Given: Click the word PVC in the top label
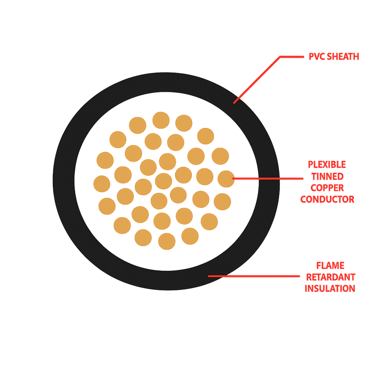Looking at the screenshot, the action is click(x=317, y=57).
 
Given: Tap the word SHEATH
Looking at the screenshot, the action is click(x=343, y=57).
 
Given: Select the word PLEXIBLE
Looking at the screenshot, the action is click(x=327, y=165).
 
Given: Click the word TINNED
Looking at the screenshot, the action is click(x=327, y=176).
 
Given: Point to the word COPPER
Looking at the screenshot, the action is click(x=327, y=188).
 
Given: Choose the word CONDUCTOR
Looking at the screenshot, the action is click(x=327, y=199).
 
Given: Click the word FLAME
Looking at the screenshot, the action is click(x=330, y=265).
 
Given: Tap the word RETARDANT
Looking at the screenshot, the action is click(x=331, y=277).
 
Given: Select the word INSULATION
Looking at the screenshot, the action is click(x=330, y=288).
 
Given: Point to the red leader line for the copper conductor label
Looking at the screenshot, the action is click(x=267, y=178).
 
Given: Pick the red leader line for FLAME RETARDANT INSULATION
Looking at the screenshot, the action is click(x=254, y=276).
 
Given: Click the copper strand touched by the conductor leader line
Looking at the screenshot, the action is click(x=226, y=179).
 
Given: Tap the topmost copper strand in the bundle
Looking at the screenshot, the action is click(x=161, y=120).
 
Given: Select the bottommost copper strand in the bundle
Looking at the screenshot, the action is click(x=167, y=241).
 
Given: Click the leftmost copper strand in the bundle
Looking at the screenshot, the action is click(x=102, y=184).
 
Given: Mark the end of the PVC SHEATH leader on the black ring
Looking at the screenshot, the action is click(x=234, y=103).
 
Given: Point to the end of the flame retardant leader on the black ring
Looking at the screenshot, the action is click(x=209, y=276).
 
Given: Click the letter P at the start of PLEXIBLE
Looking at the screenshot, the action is click(x=311, y=165).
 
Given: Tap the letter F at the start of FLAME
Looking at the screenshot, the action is click(x=319, y=265).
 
